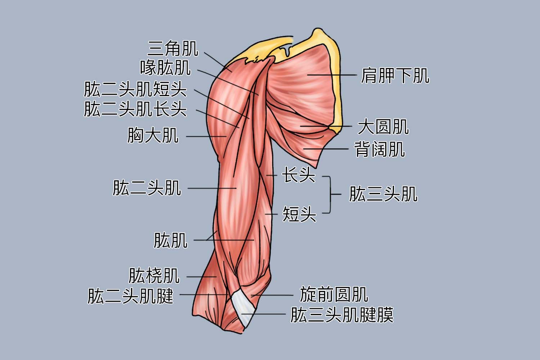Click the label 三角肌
point(173,49)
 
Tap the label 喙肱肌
point(166,68)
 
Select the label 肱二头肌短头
point(135,89)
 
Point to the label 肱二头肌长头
point(135,109)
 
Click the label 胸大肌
point(153,135)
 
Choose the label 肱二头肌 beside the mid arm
point(147,188)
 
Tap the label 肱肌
point(171,240)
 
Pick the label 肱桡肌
point(154,275)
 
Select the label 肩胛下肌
point(395,76)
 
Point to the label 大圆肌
point(383,126)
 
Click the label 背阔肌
point(379,149)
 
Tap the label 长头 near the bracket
point(299,175)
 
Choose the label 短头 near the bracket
point(299,214)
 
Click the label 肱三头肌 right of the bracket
point(383,194)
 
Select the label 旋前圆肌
point(334,294)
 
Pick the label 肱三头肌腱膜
point(342,315)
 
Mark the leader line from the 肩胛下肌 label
point(332,75)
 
